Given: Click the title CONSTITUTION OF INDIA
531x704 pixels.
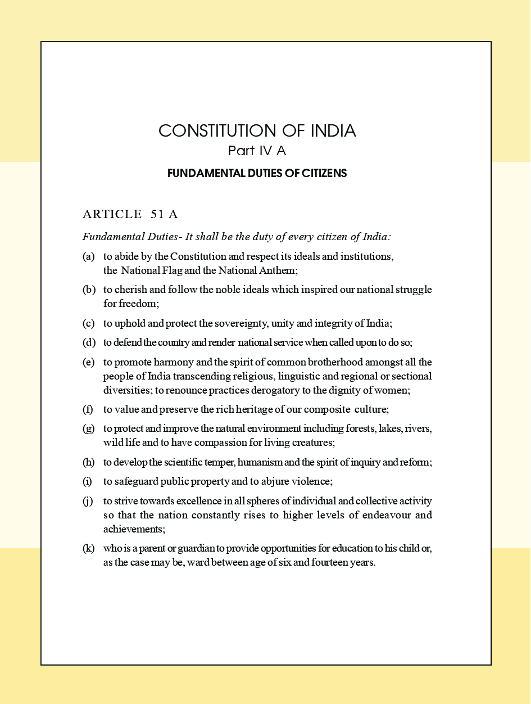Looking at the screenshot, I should pyautogui.click(x=257, y=131).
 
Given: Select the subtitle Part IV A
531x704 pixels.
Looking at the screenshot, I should pyautogui.click(x=257, y=151).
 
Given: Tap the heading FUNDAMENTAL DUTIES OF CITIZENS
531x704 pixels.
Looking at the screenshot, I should pyautogui.click(x=257, y=173).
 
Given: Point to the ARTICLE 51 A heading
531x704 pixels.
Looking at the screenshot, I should pyautogui.click(x=130, y=214).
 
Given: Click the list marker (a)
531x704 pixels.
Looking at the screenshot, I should pyautogui.click(x=88, y=256).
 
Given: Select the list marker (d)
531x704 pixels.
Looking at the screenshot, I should pyautogui.click(x=88, y=342).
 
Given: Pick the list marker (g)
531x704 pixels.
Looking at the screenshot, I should pyautogui.click(x=88, y=428).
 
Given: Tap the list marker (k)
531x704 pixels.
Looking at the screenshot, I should pyautogui.click(x=88, y=548).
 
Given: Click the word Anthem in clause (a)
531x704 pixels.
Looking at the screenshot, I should pyautogui.click(x=280, y=270).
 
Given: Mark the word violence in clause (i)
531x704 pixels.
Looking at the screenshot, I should pyautogui.click(x=311, y=481).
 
